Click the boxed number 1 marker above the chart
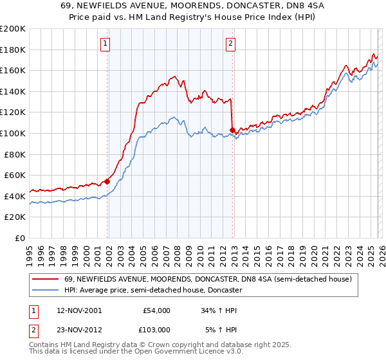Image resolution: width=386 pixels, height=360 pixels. [105, 44]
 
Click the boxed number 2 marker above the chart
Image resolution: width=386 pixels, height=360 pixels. [230, 44]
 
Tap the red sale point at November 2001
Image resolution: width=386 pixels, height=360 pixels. [107, 181]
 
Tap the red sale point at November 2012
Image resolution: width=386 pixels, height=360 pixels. [233, 130]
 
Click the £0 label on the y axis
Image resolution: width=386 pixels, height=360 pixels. [19, 238]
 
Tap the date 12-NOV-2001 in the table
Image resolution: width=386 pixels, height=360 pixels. [79, 310]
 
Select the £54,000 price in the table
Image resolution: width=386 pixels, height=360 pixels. [156, 310]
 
